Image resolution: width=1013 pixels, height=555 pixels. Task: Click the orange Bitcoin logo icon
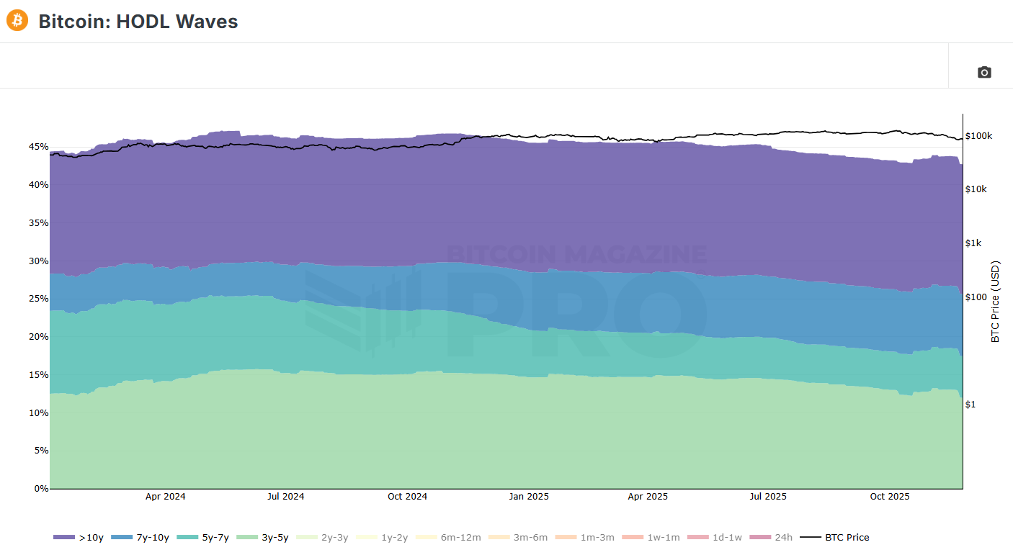pyautogui.click(x=17, y=20)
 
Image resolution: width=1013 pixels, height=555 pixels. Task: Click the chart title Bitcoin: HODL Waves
pyautogui.click(x=138, y=22)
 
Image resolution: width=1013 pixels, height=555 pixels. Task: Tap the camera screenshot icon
pyautogui.click(x=983, y=72)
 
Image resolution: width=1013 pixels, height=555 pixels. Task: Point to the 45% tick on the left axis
pyautogui.click(x=37, y=147)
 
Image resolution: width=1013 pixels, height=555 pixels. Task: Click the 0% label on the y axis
pyautogui.click(x=41, y=489)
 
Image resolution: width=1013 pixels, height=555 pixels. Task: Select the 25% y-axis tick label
pyautogui.click(x=37, y=299)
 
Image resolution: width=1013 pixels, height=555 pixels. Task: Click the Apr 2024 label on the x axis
pyautogui.click(x=165, y=497)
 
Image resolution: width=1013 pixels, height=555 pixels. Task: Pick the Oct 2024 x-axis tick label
pyautogui.click(x=407, y=497)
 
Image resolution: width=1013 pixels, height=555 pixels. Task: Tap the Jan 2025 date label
pyautogui.click(x=528, y=497)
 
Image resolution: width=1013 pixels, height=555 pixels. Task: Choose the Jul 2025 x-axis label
pyautogui.click(x=768, y=497)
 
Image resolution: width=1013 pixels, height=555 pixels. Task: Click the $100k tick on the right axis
pyautogui.click(x=978, y=136)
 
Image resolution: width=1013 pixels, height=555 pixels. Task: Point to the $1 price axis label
pyautogui.click(x=970, y=405)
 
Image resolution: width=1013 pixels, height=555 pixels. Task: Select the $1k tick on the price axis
pyautogui.click(x=973, y=243)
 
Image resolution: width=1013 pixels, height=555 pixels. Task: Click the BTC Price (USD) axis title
pyautogui.click(x=996, y=302)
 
